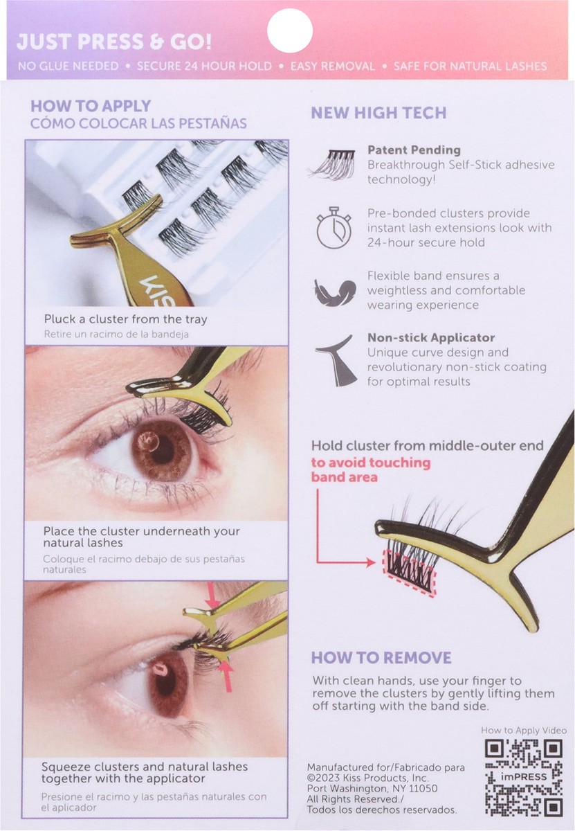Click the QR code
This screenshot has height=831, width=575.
523,777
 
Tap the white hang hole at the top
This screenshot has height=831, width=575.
290,32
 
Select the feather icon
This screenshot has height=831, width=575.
334,292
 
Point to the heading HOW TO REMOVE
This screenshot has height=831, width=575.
381,657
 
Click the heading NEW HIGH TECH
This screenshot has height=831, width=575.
378,113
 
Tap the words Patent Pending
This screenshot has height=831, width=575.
414,150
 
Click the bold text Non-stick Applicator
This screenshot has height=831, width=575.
431,338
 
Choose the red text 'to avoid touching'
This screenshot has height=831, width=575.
370,463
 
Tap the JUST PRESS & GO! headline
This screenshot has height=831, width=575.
114,42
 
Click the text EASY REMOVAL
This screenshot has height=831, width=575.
333,66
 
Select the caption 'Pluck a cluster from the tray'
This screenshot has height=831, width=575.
125,319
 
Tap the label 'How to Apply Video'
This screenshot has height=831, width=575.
524,730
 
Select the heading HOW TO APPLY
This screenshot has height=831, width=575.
90,106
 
